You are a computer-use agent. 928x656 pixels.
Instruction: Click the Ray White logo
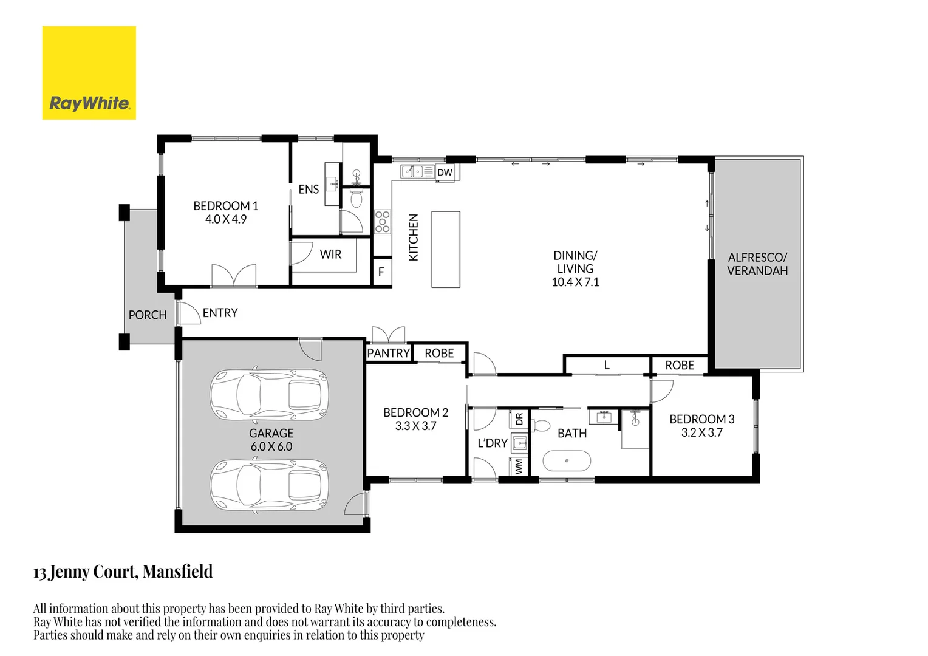[x=89, y=73]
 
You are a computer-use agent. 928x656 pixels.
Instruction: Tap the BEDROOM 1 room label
[x=225, y=206]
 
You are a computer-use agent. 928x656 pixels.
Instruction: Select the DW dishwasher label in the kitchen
[x=445, y=173]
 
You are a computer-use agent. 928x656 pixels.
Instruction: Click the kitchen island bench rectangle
[x=446, y=249]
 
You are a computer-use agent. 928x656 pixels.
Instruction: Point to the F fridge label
[x=381, y=272]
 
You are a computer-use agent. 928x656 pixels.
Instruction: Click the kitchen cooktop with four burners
[x=382, y=222]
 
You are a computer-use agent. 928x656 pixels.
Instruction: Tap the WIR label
[x=330, y=255]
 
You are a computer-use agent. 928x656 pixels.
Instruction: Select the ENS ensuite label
[x=309, y=190]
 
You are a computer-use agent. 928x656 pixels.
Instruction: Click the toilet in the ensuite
[x=357, y=197]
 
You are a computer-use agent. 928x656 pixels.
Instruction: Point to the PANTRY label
[x=389, y=353]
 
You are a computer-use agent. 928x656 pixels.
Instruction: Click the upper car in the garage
[x=269, y=395]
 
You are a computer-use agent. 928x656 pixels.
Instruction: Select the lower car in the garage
[x=269, y=486]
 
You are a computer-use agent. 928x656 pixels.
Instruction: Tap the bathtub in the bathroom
[x=566, y=461]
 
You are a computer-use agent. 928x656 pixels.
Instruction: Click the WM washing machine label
[x=519, y=466]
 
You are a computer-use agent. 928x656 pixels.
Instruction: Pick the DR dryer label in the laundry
[x=519, y=419]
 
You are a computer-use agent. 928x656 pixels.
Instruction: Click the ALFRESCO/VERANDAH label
[x=757, y=264]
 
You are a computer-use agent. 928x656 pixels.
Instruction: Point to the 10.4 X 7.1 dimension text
[x=575, y=282]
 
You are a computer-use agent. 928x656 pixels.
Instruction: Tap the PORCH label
[x=147, y=315]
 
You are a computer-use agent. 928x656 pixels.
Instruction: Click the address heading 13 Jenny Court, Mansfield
[x=123, y=572]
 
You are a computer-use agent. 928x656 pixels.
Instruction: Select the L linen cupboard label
[x=606, y=366]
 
